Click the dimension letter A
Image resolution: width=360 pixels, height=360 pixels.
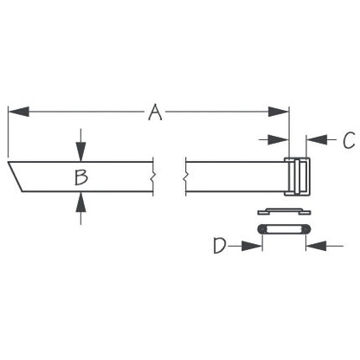[x=155, y=112]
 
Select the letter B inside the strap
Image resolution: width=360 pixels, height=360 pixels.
[x=80, y=177]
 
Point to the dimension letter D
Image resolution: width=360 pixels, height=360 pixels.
[x=220, y=247]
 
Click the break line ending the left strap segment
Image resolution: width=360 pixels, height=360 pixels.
[x=154, y=178]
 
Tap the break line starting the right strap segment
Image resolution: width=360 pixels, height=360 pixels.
[x=184, y=178]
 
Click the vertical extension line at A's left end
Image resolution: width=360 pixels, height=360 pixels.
[x=8, y=130]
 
